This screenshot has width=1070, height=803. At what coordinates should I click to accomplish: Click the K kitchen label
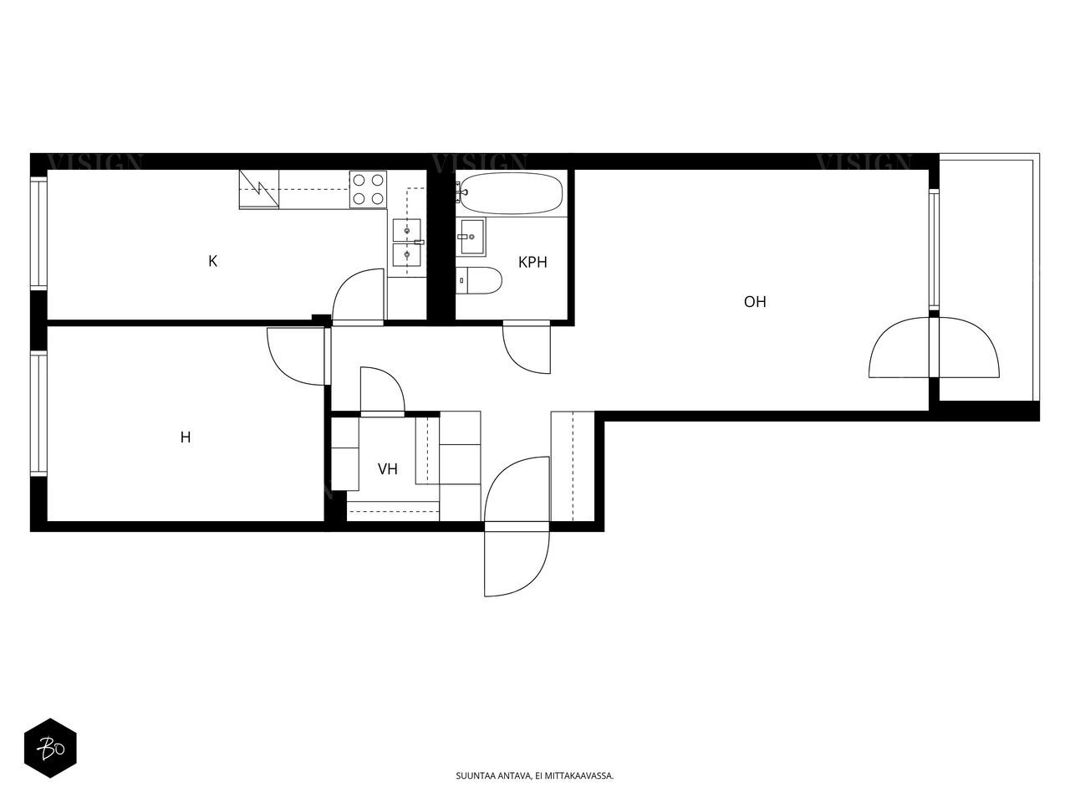212,261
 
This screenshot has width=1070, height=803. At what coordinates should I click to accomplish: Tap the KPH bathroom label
532,263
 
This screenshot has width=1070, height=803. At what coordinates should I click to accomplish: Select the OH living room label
755,302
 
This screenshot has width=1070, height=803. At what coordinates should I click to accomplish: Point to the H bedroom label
186,437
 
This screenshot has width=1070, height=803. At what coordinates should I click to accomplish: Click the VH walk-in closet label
388,469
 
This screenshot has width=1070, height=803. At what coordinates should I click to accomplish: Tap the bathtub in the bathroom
512,193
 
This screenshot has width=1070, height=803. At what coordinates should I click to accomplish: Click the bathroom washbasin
471,237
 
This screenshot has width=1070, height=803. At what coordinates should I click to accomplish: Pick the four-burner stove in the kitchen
368,190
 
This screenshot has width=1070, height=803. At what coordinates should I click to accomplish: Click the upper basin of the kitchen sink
406,230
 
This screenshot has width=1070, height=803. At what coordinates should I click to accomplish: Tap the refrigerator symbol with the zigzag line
259,190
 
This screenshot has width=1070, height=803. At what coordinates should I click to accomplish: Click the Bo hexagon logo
51,748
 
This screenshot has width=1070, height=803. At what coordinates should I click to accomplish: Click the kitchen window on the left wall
38,233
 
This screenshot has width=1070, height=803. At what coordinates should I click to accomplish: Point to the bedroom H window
38,413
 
